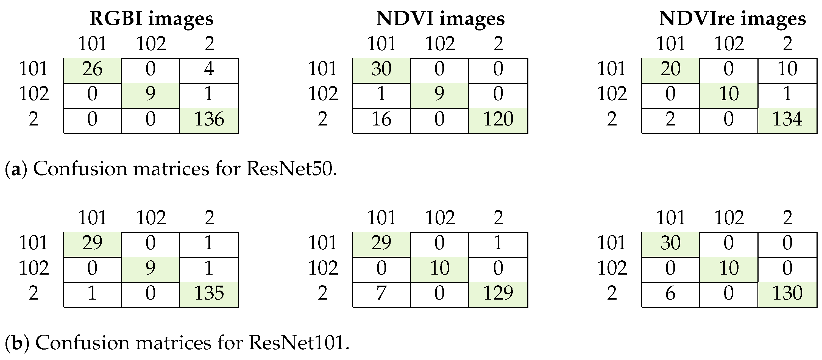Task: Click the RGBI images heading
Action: tap(151, 18)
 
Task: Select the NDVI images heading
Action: tap(440, 18)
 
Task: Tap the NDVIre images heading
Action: tap(732, 18)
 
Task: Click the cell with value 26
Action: tap(92, 69)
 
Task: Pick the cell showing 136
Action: tap(209, 119)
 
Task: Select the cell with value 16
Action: tap(381, 119)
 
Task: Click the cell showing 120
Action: tap(498, 119)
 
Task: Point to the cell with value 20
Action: tap(670, 69)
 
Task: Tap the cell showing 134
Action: tap(787, 119)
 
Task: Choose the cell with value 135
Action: tap(209, 293)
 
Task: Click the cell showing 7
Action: tap(381, 293)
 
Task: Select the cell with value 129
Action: tap(498, 293)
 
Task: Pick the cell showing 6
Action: tap(670, 293)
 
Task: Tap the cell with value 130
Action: tap(787, 293)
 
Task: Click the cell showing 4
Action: tap(209, 69)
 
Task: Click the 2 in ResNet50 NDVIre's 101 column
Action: tap(670, 119)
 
